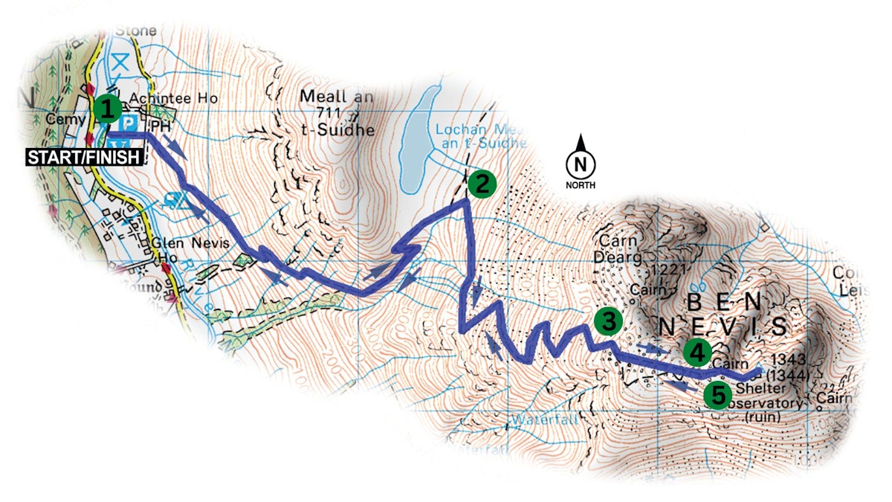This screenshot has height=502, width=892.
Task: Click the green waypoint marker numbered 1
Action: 107,109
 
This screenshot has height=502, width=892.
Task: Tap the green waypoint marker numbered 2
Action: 481,183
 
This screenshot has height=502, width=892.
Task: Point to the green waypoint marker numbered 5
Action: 717,395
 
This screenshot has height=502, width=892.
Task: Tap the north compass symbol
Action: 581,163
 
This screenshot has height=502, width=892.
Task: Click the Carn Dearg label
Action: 617,251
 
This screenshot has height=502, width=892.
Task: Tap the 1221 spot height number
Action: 665,268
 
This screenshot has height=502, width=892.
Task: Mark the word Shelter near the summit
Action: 756,389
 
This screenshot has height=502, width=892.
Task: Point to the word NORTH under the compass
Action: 581,184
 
